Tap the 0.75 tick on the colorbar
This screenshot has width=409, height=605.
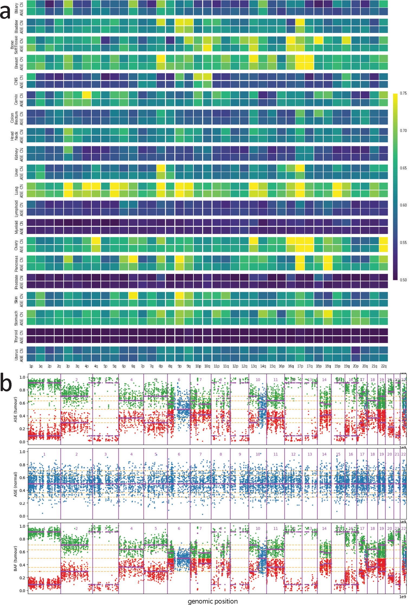(403, 93)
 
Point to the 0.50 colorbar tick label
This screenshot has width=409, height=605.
(403, 280)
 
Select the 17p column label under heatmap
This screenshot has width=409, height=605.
(300, 366)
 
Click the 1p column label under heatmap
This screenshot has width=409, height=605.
(31, 366)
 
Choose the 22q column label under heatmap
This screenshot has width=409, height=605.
(384, 366)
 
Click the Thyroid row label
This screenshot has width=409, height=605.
(16, 336)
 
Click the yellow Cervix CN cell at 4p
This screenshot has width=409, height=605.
(87, 95)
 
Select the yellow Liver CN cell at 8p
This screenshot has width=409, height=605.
(161, 168)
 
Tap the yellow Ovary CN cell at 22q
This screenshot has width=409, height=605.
(384, 241)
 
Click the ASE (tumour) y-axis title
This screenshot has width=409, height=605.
(15, 409)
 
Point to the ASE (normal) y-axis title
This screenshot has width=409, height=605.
(15, 484)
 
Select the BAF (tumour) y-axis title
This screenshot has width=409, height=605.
(15, 558)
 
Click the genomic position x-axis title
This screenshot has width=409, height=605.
(213, 601)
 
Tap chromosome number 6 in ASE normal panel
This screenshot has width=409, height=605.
(179, 454)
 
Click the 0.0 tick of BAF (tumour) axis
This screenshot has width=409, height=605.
(22, 591)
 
